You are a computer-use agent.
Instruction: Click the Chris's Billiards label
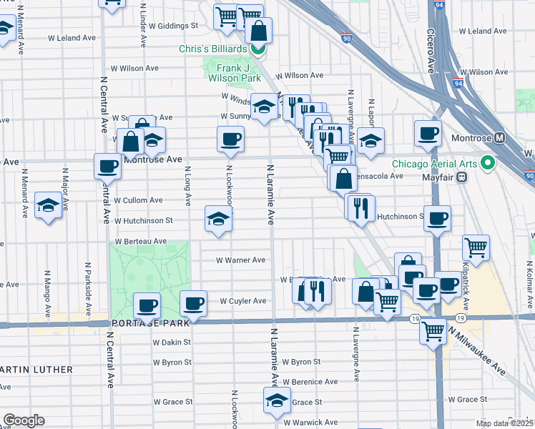[212, 49]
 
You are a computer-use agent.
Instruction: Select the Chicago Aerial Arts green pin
[489, 164]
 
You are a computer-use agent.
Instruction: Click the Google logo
[23, 420]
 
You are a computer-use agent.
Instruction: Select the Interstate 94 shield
[456, 82]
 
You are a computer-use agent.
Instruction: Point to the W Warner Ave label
[241, 260]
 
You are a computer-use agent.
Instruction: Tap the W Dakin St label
[171, 342]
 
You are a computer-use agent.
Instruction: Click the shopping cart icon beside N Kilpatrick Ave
[476, 247]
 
